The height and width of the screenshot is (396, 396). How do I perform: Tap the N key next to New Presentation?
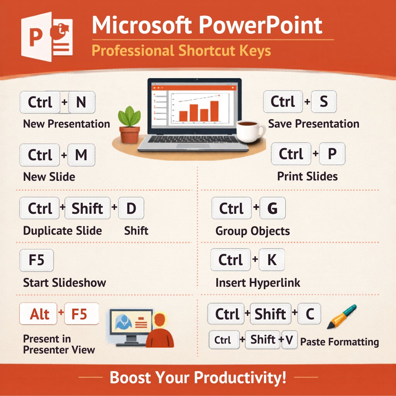[81, 102]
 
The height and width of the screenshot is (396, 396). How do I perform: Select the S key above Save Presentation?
[323, 102]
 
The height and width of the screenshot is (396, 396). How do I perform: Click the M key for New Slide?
[81, 155]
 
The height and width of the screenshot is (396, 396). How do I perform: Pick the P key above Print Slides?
[332, 154]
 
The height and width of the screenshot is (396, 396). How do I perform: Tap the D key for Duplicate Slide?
[131, 208]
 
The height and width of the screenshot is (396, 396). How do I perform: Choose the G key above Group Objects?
[272, 208]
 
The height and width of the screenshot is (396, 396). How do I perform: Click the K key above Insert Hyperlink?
[272, 260]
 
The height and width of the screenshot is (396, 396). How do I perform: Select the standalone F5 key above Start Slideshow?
[36, 260]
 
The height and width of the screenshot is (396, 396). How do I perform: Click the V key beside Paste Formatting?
[289, 340]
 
